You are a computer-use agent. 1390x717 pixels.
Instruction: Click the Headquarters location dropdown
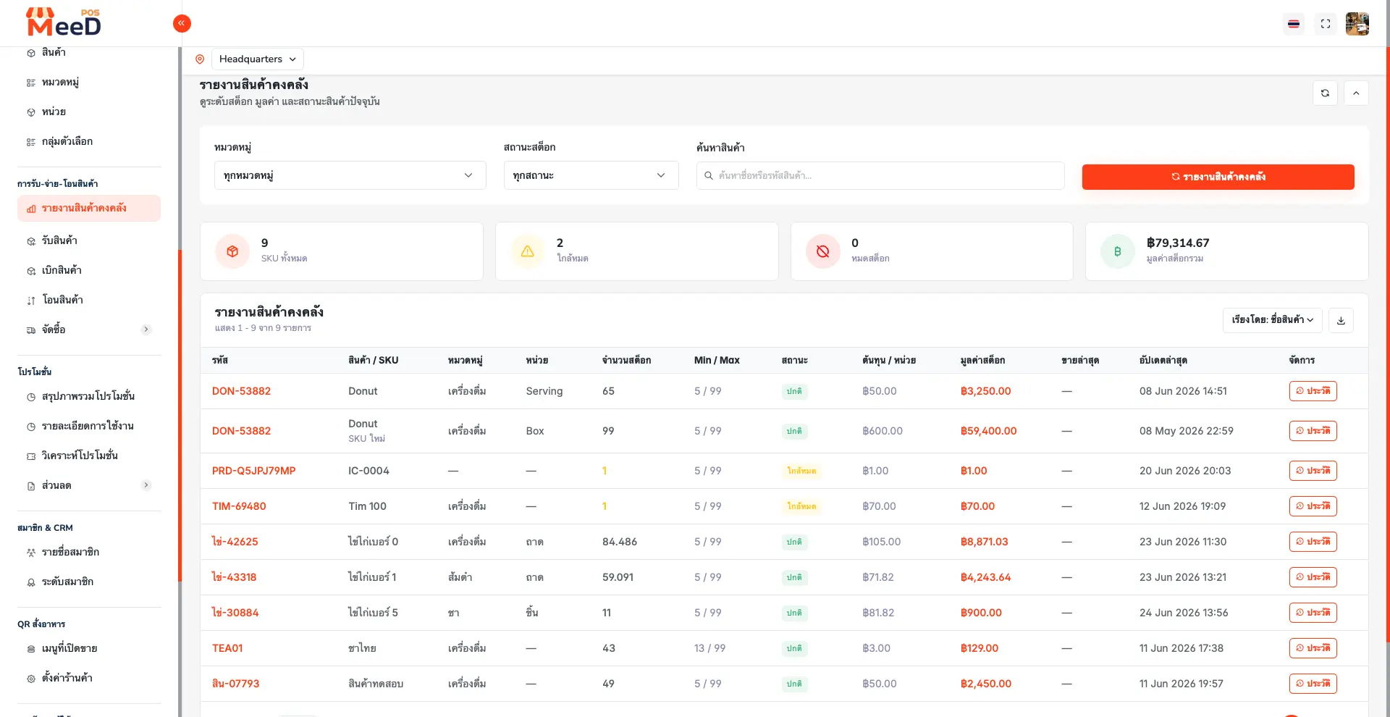click(x=258, y=59)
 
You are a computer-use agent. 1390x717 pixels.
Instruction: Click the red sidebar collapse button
click(x=182, y=24)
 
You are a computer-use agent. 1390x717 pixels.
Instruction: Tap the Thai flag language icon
click(x=1294, y=24)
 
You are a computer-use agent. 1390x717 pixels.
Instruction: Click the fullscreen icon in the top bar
click(x=1326, y=24)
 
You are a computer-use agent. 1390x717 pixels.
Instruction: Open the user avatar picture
click(x=1357, y=24)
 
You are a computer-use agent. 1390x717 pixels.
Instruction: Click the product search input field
click(x=880, y=175)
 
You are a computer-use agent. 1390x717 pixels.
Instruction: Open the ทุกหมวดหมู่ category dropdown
click(x=350, y=175)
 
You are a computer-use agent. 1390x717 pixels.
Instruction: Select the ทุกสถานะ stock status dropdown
click(x=591, y=175)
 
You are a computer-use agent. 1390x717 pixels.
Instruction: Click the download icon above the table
click(x=1341, y=320)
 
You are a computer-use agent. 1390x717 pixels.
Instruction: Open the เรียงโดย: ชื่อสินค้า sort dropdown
click(x=1273, y=320)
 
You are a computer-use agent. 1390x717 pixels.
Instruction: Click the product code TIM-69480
click(x=239, y=506)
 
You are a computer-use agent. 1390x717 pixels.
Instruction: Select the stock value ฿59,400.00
click(x=989, y=431)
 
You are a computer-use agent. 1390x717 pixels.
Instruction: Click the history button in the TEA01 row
click(x=1313, y=648)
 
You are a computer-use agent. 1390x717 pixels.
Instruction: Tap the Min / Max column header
click(x=717, y=360)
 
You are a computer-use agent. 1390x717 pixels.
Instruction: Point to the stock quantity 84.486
click(x=620, y=542)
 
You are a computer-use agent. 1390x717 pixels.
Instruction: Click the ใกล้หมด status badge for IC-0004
click(x=801, y=471)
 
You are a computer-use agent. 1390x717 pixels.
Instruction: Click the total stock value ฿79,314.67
click(x=1178, y=243)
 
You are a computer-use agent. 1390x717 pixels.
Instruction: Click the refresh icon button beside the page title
click(x=1325, y=93)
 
